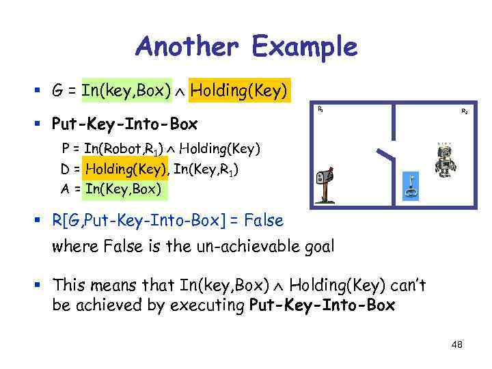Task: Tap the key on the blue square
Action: click(411, 185)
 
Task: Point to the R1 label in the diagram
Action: click(320, 109)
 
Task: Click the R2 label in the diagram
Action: click(465, 111)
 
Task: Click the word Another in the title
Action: click(189, 47)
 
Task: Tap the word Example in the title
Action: click(304, 47)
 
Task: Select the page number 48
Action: click(456, 344)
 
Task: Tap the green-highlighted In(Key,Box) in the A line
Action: click(123, 189)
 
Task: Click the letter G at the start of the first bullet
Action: click(57, 90)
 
